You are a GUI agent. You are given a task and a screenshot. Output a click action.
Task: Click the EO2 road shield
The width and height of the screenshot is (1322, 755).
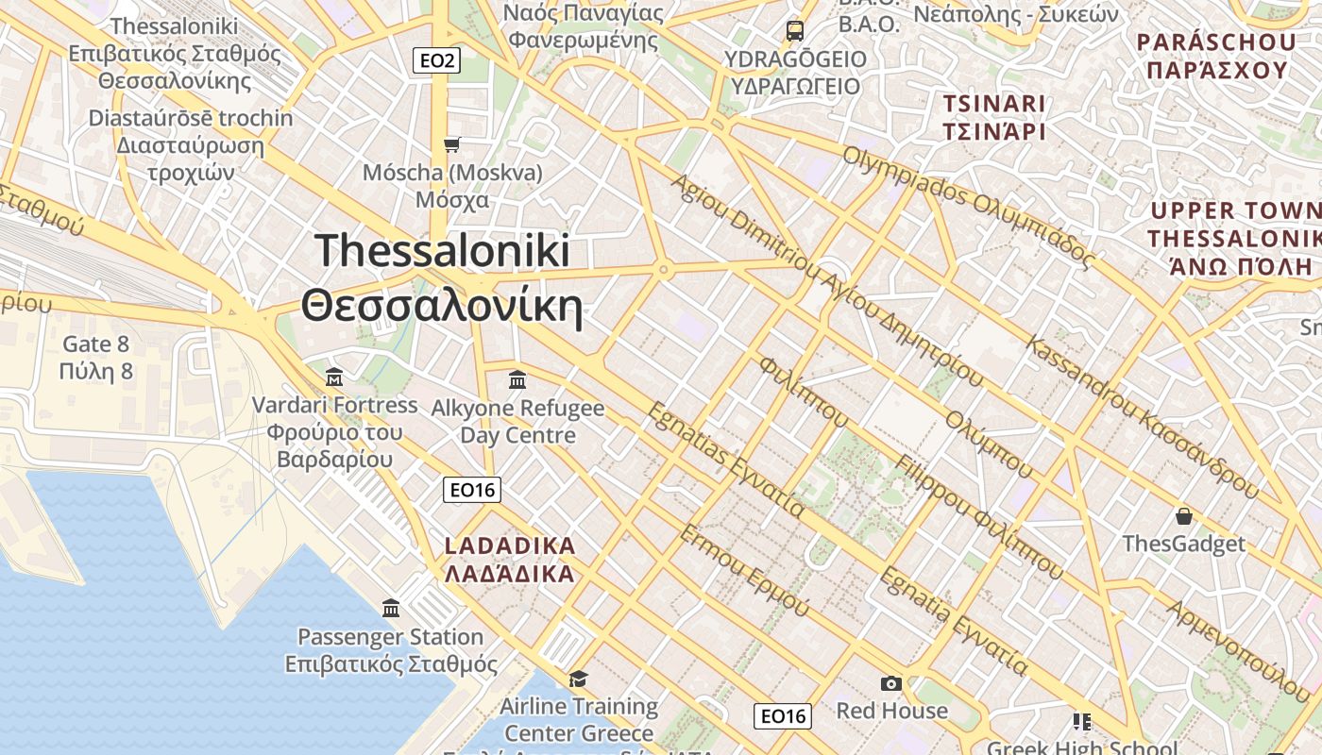[436, 61]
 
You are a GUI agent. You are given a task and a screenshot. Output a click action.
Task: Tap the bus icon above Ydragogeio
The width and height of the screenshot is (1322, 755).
[795, 30]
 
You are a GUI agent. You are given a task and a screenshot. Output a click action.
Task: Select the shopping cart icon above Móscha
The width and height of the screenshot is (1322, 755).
[452, 144]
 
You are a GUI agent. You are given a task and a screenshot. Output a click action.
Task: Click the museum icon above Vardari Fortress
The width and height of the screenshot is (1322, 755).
[334, 377]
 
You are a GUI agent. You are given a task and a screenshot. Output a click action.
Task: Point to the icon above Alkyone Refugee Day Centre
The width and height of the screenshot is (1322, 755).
[517, 379]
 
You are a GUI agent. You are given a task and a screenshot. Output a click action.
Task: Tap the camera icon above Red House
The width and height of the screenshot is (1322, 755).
[890, 683]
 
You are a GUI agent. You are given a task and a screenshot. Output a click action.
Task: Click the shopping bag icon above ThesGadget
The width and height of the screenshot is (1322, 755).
[1183, 516]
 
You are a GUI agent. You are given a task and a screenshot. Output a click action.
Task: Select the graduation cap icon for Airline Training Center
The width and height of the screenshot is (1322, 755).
[578, 679]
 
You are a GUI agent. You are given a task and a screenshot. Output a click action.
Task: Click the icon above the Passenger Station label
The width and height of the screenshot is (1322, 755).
[391, 608]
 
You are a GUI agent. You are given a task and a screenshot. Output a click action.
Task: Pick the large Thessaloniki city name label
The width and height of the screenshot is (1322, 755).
[442, 279]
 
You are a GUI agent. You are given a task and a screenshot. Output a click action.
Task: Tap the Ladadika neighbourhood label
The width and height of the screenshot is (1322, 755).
[510, 560]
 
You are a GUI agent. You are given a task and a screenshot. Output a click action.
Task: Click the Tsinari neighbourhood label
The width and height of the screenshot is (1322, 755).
[994, 117]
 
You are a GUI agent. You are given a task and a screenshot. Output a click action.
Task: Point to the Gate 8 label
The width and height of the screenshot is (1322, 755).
[95, 358]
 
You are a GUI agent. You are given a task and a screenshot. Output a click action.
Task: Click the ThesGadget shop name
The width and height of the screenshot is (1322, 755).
[1183, 544]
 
